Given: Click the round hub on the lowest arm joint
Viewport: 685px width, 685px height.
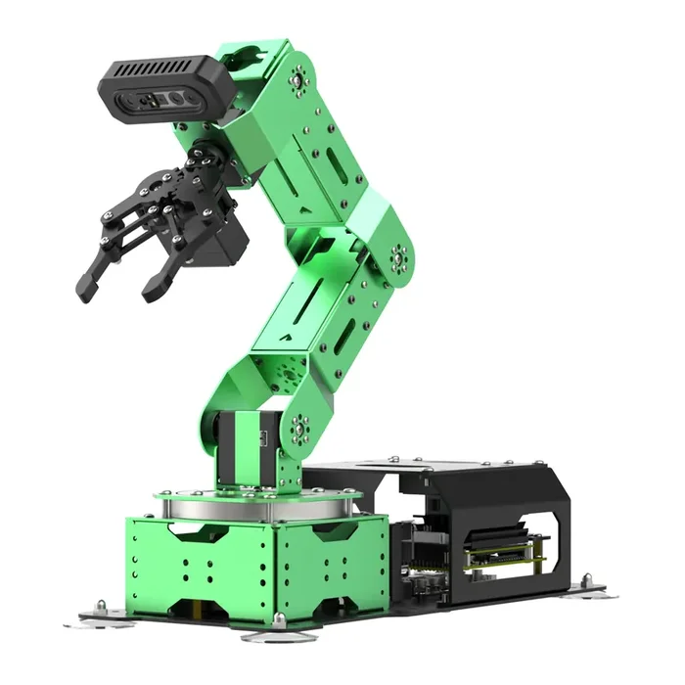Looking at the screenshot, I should tap(298, 428).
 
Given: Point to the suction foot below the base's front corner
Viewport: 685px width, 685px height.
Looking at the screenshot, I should tap(278, 624).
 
